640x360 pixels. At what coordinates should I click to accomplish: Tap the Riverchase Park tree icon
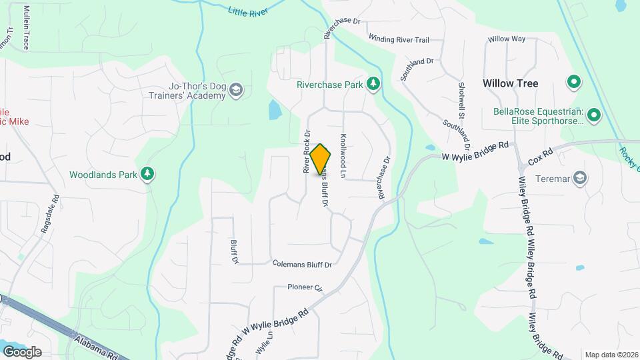(x=374, y=85)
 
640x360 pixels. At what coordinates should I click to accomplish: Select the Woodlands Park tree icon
(x=147, y=175)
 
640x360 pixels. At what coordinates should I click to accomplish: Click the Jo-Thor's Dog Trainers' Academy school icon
(x=235, y=90)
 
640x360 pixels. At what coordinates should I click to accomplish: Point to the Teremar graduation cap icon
(x=580, y=177)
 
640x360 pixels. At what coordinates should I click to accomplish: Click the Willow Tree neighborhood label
(x=510, y=83)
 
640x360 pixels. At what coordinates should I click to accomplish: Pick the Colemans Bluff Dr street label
(x=302, y=265)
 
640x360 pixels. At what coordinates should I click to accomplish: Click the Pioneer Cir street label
(x=305, y=288)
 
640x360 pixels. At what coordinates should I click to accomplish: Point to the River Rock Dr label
(x=308, y=151)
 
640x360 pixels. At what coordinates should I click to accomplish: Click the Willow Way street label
(x=507, y=39)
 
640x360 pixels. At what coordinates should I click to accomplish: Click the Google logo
(x=21, y=351)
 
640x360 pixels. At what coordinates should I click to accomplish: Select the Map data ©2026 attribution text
(x=611, y=355)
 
